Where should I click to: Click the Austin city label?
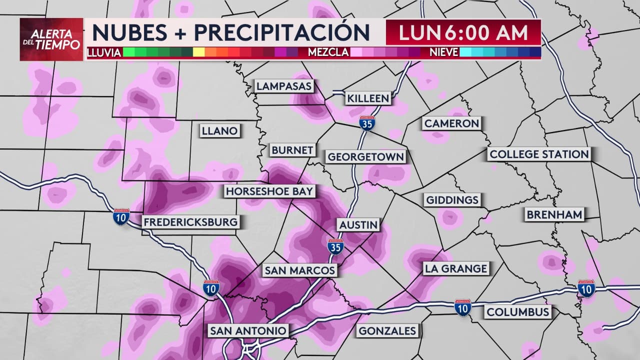coord(358,225)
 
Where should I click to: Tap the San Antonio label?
coord(248,330)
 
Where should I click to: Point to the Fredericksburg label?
coord(190,222)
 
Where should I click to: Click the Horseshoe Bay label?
coord(269,191)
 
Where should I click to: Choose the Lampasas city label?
coord(284,86)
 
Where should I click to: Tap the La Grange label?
coord(455,268)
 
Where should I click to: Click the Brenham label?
coord(554,215)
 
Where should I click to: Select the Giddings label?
coord(452,200)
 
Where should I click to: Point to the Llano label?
coord(219,131)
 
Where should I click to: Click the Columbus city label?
coord(518,312)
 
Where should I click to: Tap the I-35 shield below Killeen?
coord(367,123)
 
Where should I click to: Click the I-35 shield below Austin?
coord(335,247)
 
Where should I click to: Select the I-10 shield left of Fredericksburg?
coord(121,216)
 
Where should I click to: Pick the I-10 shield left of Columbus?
coord(462,307)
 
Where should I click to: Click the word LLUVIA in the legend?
coord(104,52)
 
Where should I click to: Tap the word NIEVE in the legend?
coord(443,52)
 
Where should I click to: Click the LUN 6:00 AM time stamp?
coord(463,32)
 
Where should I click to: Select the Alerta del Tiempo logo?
coord(51,39)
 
